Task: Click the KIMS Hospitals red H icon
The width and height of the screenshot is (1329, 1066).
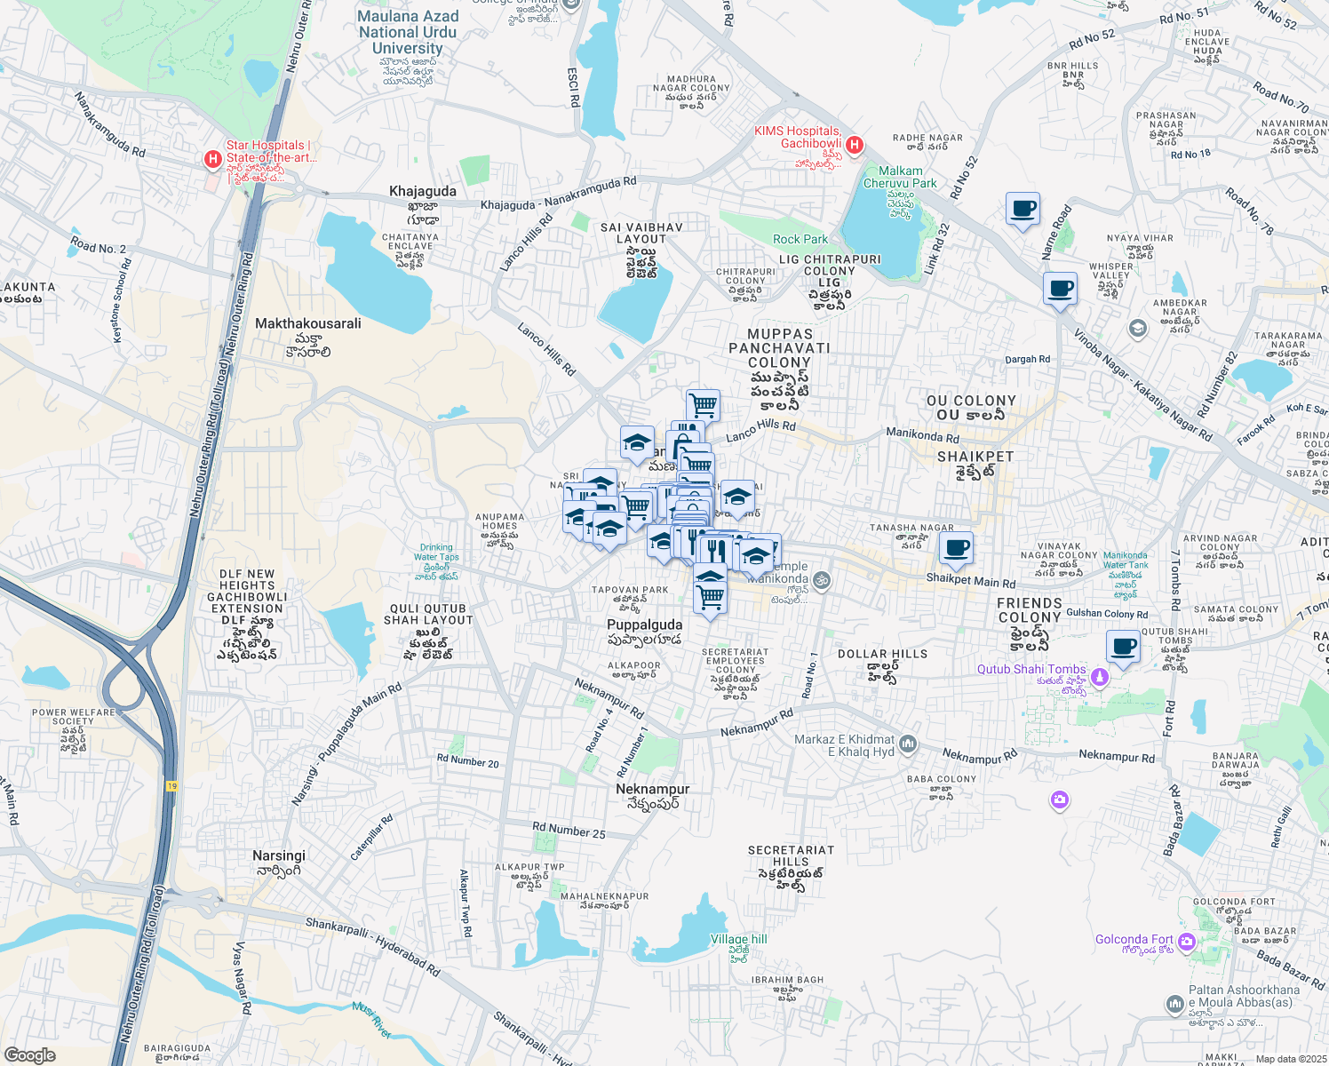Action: pyautogui.click(x=855, y=145)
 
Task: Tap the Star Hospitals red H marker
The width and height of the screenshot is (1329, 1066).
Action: pyautogui.click(x=213, y=159)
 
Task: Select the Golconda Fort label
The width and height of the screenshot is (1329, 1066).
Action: pyautogui.click(x=1134, y=939)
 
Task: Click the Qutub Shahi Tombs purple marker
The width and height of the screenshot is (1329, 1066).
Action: pyautogui.click(x=1100, y=677)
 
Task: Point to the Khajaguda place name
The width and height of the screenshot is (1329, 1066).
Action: pyautogui.click(x=423, y=191)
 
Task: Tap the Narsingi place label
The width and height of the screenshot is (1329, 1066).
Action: pyautogui.click(x=279, y=855)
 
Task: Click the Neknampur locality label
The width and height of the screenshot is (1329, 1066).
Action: pyautogui.click(x=652, y=789)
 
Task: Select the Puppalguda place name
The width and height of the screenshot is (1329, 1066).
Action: pyautogui.click(x=644, y=624)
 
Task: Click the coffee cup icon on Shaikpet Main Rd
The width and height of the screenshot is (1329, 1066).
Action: pyautogui.click(x=956, y=548)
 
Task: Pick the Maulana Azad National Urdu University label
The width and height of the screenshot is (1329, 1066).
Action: pyautogui.click(x=408, y=32)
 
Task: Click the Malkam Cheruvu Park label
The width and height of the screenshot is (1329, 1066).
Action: pyautogui.click(x=900, y=177)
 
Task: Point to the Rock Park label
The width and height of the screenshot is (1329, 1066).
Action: pyautogui.click(x=800, y=239)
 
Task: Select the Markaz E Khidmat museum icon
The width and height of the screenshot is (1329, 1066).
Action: pyautogui.click(x=907, y=744)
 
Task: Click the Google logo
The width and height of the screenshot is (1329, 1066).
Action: pyautogui.click(x=29, y=1054)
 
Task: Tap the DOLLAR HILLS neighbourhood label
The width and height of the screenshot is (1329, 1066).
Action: pyautogui.click(x=882, y=654)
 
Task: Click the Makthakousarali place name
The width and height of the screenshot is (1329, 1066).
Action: pyautogui.click(x=307, y=323)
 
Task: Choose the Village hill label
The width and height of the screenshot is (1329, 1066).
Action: pyautogui.click(x=738, y=939)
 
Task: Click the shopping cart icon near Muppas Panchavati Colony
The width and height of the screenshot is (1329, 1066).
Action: pyautogui.click(x=703, y=404)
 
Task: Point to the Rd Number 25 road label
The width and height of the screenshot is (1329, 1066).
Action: pyautogui.click(x=569, y=831)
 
